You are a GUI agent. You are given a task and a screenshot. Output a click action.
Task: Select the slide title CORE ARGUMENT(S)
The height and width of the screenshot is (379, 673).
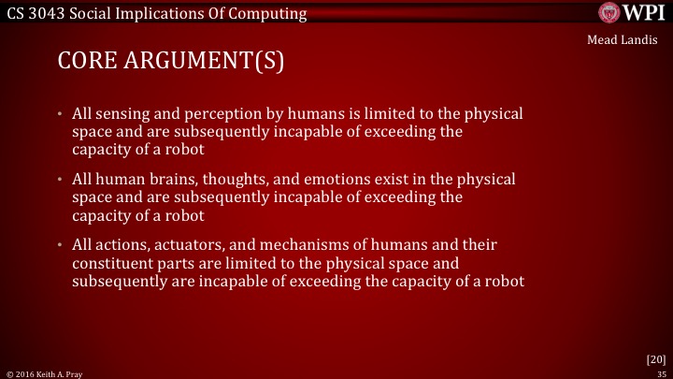pos(170,62)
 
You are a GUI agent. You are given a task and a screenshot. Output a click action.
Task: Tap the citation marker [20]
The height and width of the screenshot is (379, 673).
pos(655,358)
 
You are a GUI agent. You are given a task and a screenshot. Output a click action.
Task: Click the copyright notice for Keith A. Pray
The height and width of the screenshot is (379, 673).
pos(43,372)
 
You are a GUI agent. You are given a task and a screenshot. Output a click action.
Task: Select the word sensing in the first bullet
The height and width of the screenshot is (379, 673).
pos(126,114)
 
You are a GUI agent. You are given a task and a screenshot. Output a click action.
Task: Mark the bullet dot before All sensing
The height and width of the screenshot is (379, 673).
pos(61,114)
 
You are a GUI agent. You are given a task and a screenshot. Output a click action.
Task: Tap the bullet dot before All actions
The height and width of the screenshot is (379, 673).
pos(61,244)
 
